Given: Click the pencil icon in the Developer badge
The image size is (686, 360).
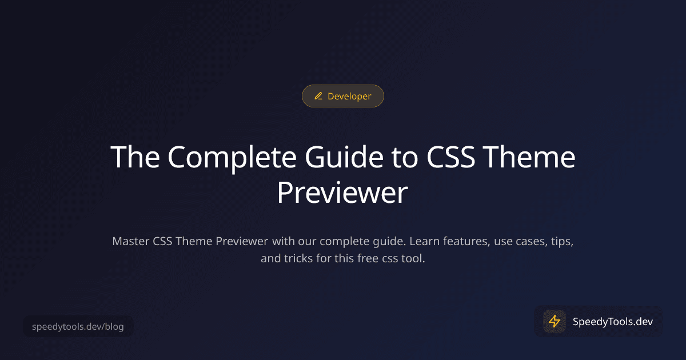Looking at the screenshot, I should tap(318, 97).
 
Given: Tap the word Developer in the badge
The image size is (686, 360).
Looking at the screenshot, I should tap(349, 97).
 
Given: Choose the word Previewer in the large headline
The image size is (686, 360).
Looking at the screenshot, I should tap(342, 193).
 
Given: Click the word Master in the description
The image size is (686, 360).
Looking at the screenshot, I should tap(131, 241).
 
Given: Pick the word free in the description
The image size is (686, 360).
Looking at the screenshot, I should tap(369, 258).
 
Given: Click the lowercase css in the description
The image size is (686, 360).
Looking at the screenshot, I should tap(394, 258).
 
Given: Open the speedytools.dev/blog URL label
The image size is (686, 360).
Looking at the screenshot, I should tap(78, 327).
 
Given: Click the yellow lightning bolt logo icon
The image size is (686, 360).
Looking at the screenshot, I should tap(554, 321).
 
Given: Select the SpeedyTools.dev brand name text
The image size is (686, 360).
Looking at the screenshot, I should tap(612, 321).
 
